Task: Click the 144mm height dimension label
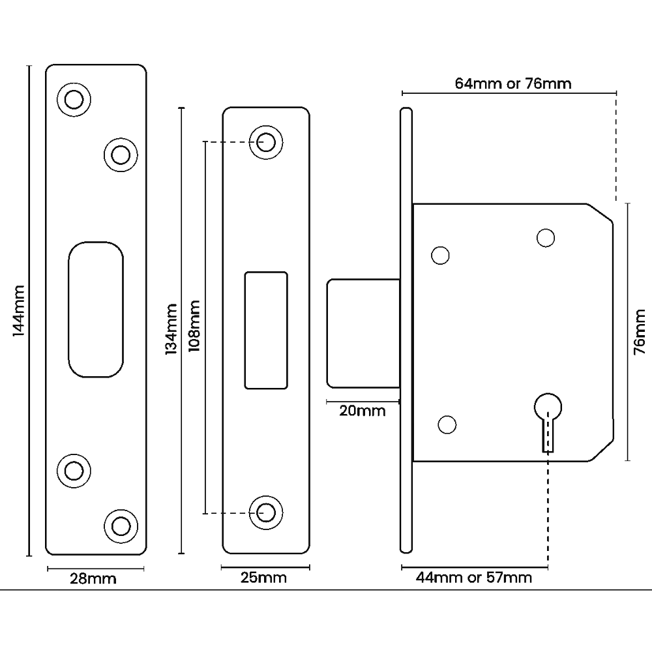pos(18,310)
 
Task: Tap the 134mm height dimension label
pos(171,329)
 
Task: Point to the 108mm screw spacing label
pos(193,326)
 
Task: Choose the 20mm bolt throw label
pos(363,411)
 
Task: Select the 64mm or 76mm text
pos(512,83)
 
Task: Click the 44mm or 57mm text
pos(474,578)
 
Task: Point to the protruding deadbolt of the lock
pos(363,333)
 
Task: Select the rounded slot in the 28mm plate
pos(95,309)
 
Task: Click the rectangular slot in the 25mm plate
pos(266,331)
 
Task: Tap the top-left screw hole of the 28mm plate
pos(74,99)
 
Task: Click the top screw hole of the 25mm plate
pos(265,141)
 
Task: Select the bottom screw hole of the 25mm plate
pos(265,512)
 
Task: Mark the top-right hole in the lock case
pos(546,238)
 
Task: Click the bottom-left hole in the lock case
pos(447,425)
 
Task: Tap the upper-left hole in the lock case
pos(441,256)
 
